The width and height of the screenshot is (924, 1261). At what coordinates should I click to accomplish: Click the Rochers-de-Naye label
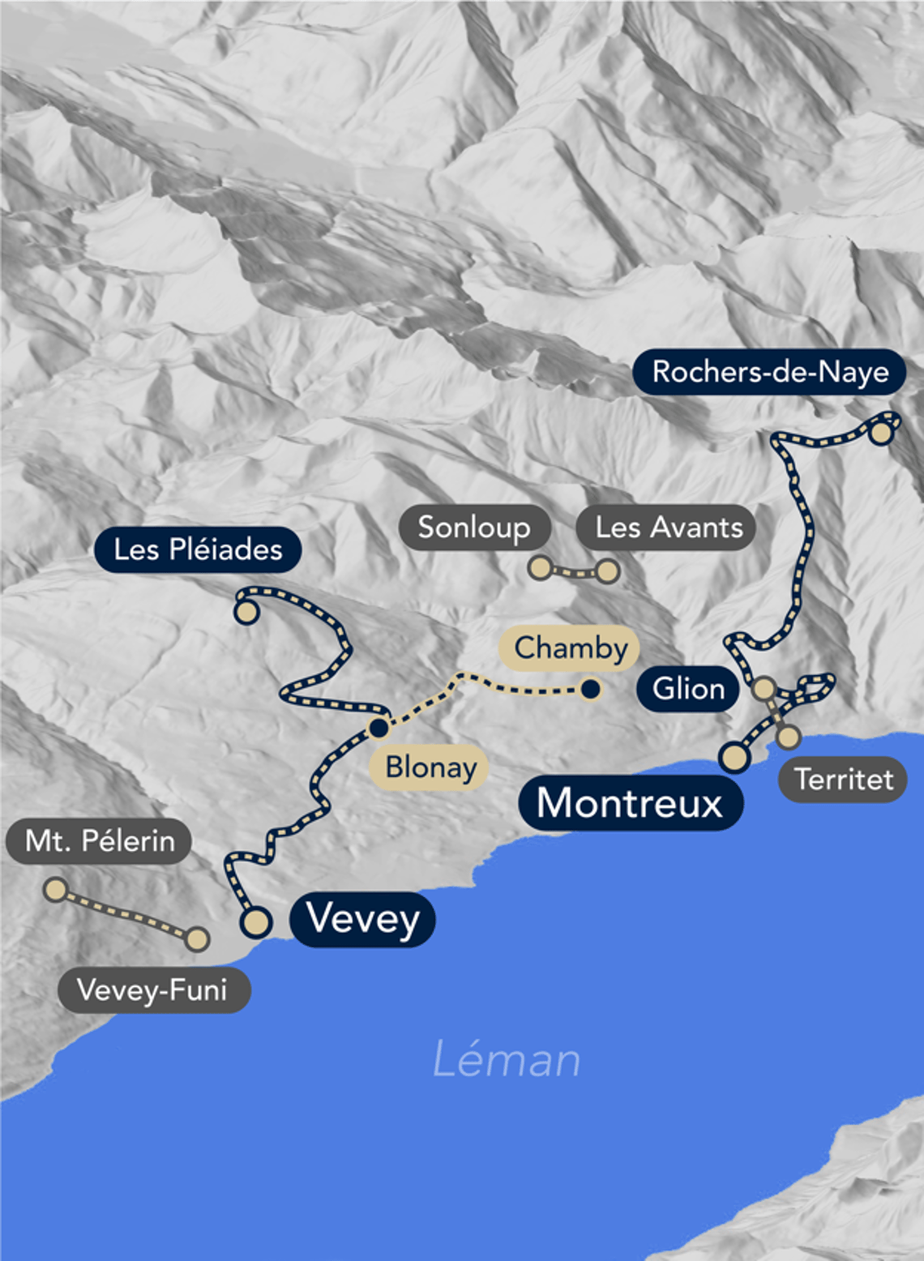pos(770,372)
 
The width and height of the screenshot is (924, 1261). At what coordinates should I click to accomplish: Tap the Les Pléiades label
pos(198,549)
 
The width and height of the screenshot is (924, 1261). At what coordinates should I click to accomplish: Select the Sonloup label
pos(474,528)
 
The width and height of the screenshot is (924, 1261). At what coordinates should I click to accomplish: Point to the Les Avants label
pos(669,528)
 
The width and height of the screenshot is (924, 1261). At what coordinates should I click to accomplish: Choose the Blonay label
pos(430,767)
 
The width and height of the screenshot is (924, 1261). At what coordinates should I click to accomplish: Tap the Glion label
pos(688,689)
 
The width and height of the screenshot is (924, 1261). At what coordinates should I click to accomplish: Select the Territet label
pos(844,779)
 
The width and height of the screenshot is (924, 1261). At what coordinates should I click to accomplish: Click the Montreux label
pos(630,803)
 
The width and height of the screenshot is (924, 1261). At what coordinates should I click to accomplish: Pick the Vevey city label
pos(363,918)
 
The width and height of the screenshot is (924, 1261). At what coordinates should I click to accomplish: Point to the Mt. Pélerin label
pos(100,840)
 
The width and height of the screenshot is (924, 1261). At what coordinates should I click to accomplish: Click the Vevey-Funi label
pos(152,990)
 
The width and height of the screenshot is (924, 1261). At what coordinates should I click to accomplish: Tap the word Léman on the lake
pos(507,1059)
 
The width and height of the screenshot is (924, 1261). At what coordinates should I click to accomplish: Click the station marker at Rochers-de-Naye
pos(881,433)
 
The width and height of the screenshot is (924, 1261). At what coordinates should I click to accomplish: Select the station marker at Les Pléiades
pos(246,612)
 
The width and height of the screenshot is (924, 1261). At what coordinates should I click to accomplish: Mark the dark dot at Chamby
pos(591,690)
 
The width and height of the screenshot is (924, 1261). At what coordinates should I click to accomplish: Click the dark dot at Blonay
pos(379,728)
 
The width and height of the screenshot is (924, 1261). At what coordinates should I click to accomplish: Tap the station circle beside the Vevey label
pos(256,921)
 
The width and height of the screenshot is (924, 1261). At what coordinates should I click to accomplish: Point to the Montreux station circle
pos(735,758)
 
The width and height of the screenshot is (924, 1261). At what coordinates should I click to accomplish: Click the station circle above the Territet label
pos(789,737)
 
